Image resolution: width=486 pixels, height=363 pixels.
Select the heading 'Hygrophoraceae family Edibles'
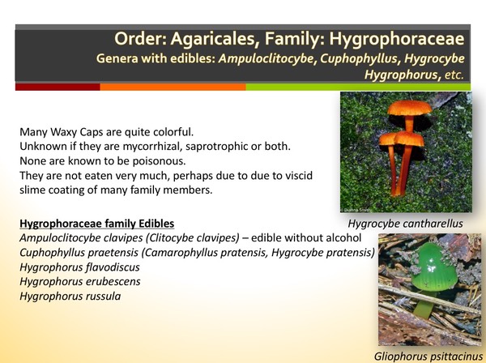(96, 223)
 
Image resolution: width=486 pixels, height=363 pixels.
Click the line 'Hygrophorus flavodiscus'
(80, 267)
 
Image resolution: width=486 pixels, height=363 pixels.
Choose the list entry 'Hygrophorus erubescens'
(80, 281)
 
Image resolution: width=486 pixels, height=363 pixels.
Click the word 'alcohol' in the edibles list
(347, 237)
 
